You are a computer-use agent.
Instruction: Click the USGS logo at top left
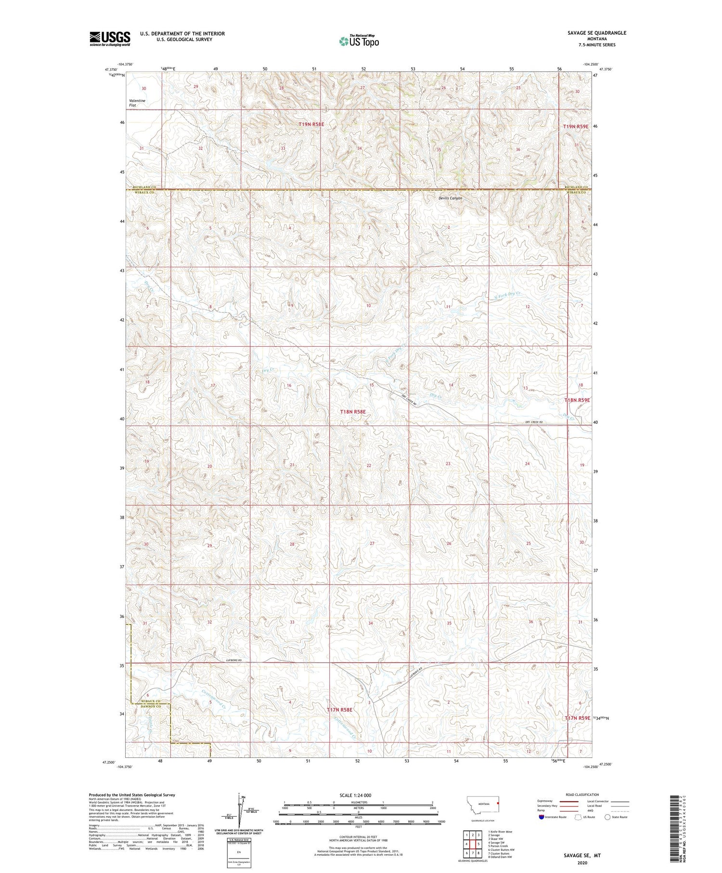[x=110, y=39]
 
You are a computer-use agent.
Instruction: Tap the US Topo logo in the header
[x=359, y=41]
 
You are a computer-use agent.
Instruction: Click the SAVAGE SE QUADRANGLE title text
[x=597, y=33]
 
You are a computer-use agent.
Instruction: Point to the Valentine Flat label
[x=137, y=103]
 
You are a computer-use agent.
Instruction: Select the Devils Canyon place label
[x=450, y=198]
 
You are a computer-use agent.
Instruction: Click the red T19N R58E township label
[x=311, y=124]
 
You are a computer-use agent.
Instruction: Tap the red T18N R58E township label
[x=353, y=412]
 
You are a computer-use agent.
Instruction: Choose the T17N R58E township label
[x=340, y=710]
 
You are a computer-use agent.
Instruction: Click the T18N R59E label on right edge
[x=577, y=400]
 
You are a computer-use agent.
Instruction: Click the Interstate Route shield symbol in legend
[x=541, y=817]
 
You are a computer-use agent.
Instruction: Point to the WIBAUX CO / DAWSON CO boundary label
[x=151, y=704]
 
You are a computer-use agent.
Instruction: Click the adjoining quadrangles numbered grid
[x=472, y=844]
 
